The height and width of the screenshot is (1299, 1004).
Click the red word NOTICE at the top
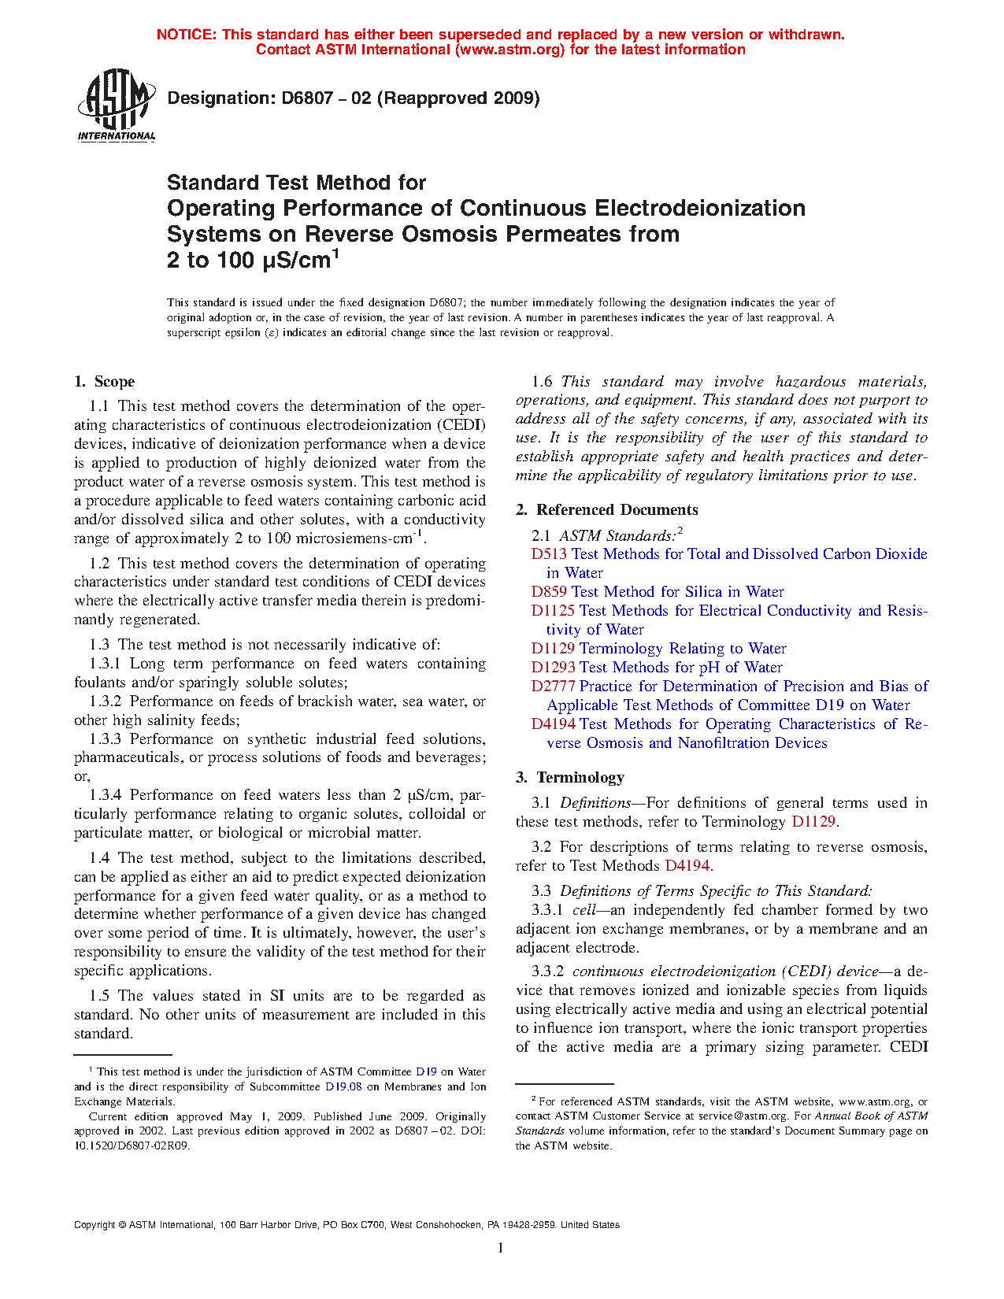(185, 35)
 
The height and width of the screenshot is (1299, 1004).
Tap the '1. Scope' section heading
(105, 382)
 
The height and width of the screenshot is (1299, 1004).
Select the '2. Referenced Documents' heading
(607, 510)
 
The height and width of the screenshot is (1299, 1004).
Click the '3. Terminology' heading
(570, 778)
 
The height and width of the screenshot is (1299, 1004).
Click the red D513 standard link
(548, 554)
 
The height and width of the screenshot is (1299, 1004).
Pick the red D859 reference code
(549, 592)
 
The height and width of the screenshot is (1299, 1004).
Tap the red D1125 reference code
(553, 611)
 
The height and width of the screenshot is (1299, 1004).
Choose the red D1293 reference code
(553, 668)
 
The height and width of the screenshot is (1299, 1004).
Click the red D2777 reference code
(553, 687)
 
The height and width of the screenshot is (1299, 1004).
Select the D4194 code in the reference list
(553, 724)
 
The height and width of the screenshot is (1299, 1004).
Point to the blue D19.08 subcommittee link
(343, 1087)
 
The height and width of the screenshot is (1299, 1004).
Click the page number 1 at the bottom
(501, 1247)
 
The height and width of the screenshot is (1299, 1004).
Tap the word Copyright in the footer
(94, 1225)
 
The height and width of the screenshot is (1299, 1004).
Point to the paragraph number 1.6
(542, 382)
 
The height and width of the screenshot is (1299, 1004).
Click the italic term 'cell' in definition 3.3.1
(584, 910)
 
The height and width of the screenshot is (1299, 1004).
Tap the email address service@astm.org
(743, 1116)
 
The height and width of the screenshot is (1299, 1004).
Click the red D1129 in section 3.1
(813, 822)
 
